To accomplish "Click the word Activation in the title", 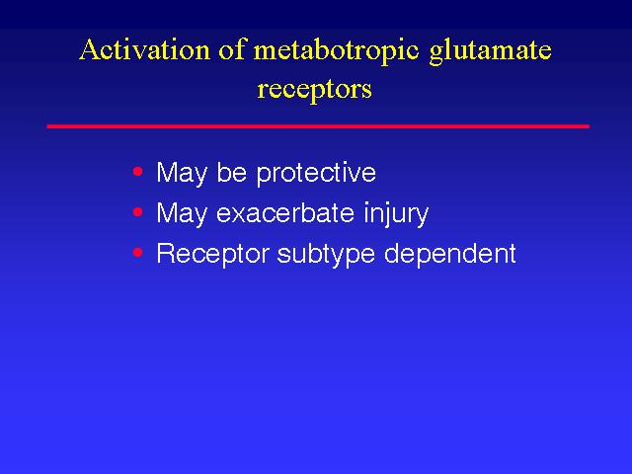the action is pos(145,50).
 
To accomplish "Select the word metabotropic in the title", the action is pos(337,52).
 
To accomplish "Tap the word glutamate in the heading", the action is pos(490,52).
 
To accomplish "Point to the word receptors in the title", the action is pos(314,90).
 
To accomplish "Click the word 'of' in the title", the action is pos(232,50).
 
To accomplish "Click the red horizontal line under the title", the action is pos(318,126).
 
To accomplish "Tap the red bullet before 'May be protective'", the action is pos(138,172).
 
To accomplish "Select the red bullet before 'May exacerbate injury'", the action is pos(138,211).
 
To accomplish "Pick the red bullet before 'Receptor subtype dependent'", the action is pos(138,253).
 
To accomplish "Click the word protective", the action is pos(316,174).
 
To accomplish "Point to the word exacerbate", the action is pos(285,212).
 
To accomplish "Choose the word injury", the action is pos(396,214).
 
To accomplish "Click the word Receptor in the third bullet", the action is pos(213,255).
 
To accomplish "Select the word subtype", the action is pos(326,255).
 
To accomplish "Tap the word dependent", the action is pos(450,255).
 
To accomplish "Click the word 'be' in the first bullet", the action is pos(231,172).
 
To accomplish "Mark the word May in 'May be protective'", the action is pos(182,174).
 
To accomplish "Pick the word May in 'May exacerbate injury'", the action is pos(182,214).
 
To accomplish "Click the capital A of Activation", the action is pos(89,50).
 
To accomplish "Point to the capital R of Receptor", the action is pos(166,253).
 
